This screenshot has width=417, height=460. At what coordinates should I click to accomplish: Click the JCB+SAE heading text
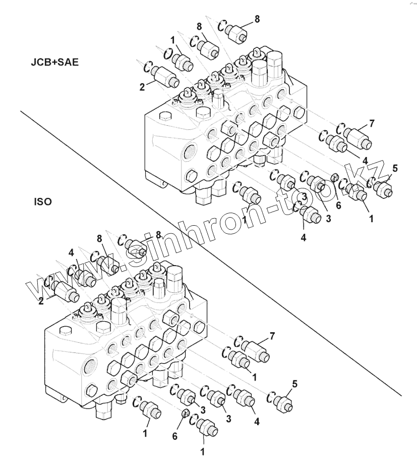tap(54, 63)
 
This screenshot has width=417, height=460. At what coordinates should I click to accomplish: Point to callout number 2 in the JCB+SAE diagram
tap(143, 86)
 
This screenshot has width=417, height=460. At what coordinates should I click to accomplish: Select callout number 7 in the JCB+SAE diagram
tap(372, 123)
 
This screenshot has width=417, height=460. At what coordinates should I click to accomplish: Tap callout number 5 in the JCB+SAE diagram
tap(395, 168)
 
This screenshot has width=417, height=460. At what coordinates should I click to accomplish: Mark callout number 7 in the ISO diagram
tap(272, 335)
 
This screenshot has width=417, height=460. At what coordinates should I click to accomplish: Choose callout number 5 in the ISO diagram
tap(294, 384)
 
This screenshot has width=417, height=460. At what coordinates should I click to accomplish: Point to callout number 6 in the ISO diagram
tap(175, 436)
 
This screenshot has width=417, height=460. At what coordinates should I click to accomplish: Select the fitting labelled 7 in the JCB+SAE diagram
tap(359, 138)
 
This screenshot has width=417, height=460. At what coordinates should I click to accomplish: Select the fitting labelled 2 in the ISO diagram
tap(64, 290)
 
